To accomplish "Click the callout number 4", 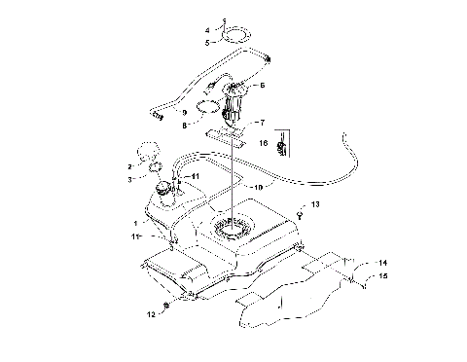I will pos(206,31).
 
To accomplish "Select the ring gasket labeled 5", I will pos(233,40).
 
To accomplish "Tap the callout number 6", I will pos(262,86).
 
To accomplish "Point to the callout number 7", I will pos(260,124).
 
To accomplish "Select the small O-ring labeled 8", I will pos(206,107).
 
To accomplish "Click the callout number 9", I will pos(184,112).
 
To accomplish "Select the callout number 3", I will pos(129,179).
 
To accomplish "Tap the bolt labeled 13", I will pos(300,217).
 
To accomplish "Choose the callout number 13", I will pos(316,206).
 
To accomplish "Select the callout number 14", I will pos(382,263).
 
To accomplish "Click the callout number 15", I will pos(382,276).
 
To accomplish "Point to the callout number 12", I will pos(150,315).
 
